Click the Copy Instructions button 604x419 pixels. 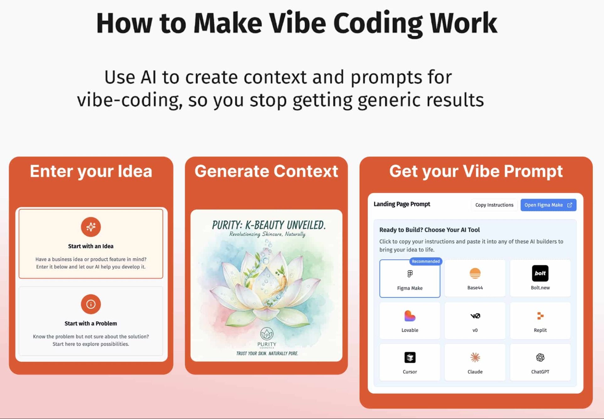tap(494, 205)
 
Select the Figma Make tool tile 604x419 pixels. tap(410, 278)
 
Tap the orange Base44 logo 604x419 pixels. tap(475, 273)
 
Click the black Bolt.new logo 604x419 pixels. tap(540, 273)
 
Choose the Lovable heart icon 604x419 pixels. tap(410, 316)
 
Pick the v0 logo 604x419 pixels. tap(475, 316)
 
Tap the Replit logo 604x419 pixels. tap(540, 315)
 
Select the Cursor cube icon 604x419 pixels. tap(410, 357)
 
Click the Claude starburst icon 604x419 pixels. tap(475, 357)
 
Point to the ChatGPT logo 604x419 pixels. tap(540, 357)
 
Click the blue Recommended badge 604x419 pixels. tap(426, 261)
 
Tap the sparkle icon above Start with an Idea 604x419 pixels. tap(91, 227)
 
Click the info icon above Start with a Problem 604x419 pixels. tap(91, 304)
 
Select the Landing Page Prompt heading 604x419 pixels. tap(402, 204)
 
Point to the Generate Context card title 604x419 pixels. tap(266, 171)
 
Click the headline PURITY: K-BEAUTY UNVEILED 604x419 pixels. tap(269, 225)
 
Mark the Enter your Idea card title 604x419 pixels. tap(91, 172)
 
